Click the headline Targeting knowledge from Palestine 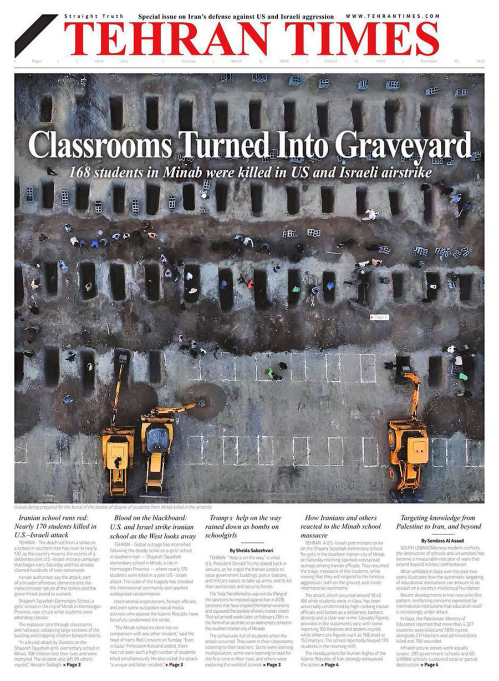[x=437, y=522]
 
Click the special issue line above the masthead [x=236, y=17]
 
